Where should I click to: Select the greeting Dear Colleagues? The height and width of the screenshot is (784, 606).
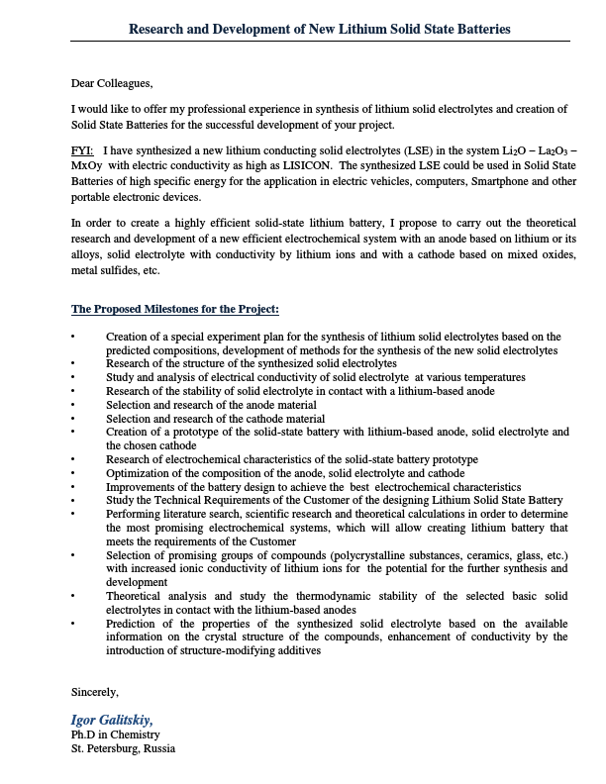[113, 82]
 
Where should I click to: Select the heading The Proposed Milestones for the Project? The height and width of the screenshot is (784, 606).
[175, 310]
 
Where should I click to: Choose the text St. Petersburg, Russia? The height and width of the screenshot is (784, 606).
[123, 748]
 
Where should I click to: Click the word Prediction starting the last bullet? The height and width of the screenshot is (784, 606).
[133, 624]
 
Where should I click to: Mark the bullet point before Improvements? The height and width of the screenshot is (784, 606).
[72, 488]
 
